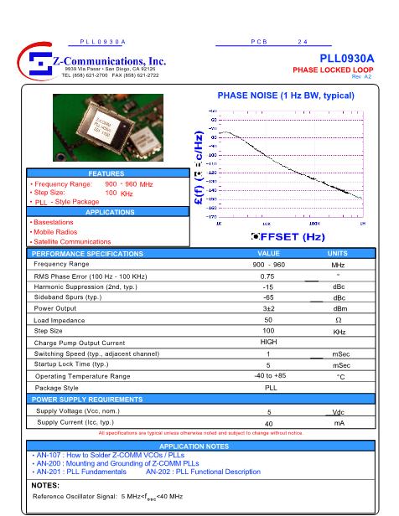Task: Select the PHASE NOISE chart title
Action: [286, 95]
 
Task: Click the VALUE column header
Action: [268, 253]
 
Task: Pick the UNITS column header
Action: [337, 253]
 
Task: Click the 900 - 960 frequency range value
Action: [268, 264]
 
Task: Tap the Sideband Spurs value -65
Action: [268, 297]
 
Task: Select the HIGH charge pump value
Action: [268, 342]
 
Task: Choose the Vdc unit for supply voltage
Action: [338, 412]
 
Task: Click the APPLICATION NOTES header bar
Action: [199, 446]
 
